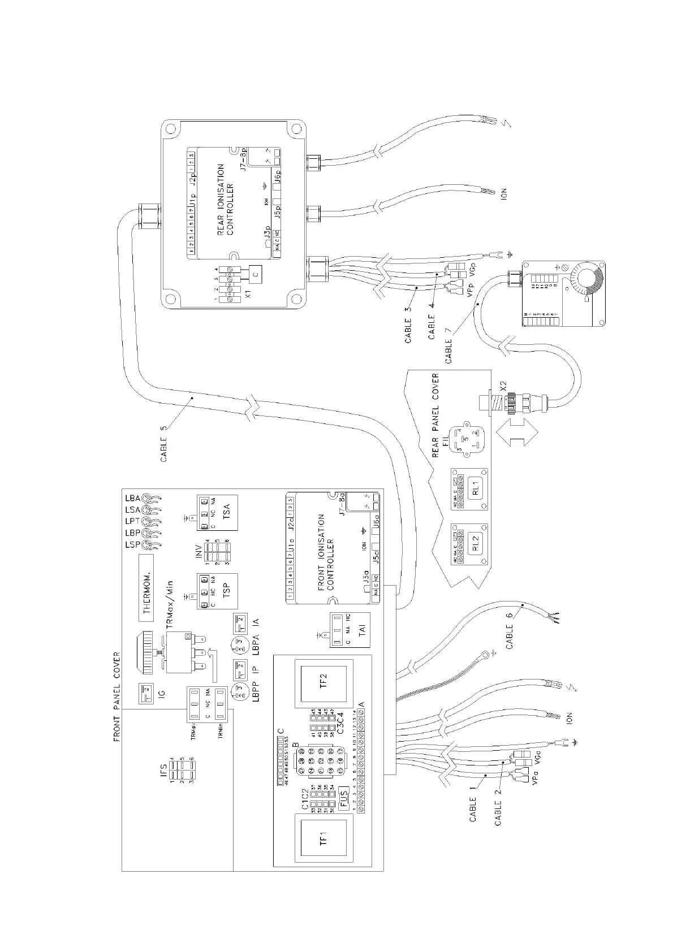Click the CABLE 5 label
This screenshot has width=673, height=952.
[164, 440]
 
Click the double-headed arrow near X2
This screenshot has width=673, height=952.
[516, 429]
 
